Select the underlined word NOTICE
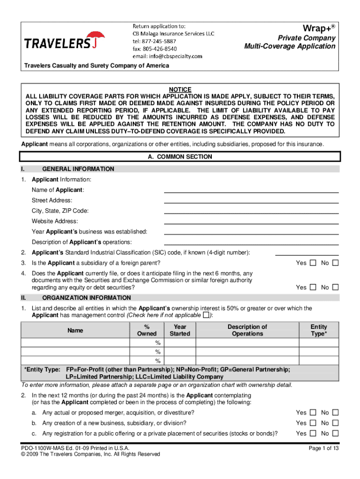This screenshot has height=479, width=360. (180, 90)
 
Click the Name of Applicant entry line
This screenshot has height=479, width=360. (251, 190)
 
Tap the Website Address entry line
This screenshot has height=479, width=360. (251, 221)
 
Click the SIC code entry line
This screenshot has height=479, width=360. (307, 253)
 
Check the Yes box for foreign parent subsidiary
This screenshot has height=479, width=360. (313, 263)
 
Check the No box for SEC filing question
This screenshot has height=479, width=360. (335, 287)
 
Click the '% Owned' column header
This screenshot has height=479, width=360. (147, 330)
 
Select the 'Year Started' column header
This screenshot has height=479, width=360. (180, 330)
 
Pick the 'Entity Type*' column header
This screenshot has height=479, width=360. (319, 330)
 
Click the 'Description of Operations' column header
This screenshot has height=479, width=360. (247, 330)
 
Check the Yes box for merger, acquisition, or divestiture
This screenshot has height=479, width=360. (313, 413)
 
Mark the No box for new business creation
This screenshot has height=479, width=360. (335, 423)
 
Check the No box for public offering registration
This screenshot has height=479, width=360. (335, 434)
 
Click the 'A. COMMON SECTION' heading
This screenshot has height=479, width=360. (180, 157)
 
